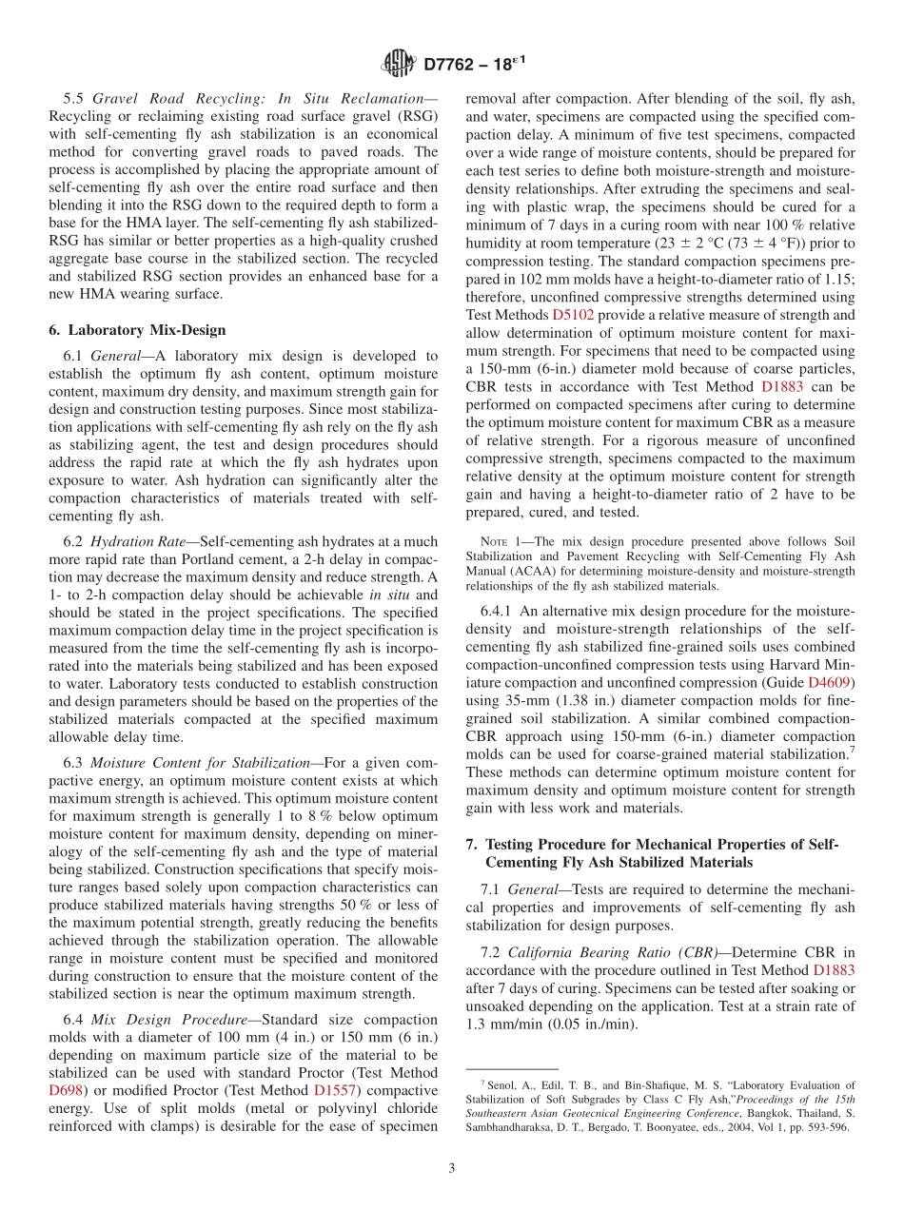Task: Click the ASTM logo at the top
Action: click(x=399, y=64)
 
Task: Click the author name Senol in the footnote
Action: click(x=502, y=1083)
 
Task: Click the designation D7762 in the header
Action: click(x=455, y=65)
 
